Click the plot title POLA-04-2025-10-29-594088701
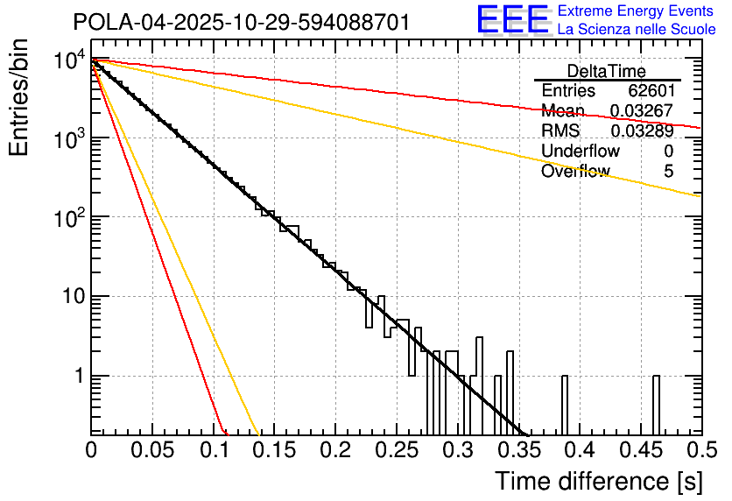(x=241, y=22)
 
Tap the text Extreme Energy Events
(x=637, y=11)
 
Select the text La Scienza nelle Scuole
(x=637, y=30)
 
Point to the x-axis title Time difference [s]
(x=598, y=481)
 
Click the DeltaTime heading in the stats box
(x=607, y=71)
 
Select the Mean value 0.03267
(x=641, y=111)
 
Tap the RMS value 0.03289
(x=641, y=131)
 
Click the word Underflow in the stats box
(x=581, y=152)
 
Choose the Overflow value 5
(x=668, y=172)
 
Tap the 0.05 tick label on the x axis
(x=151, y=450)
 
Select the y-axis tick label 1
(x=77, y=376)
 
